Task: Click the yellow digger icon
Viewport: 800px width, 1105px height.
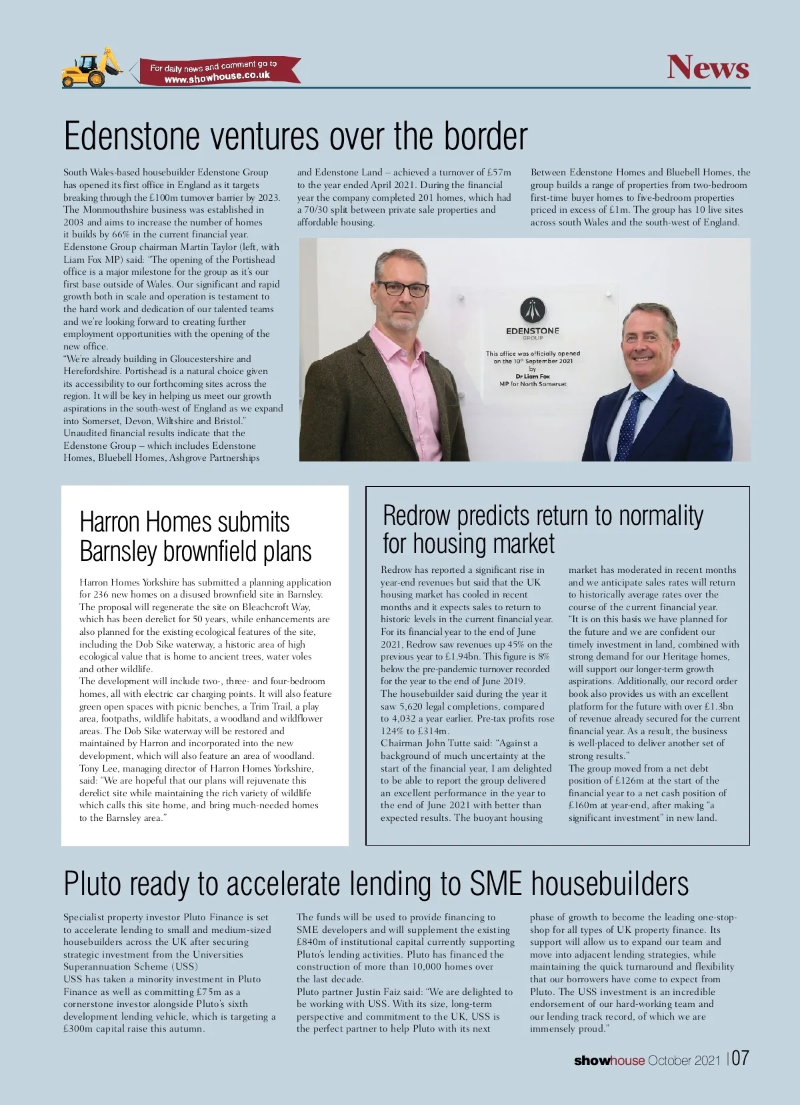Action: pyautogui.click(x=91, y=68)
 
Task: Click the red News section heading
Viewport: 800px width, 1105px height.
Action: pyautogui.click(x=708, y=67)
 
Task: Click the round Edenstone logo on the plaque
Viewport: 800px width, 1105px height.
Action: pyautogui.click(x=533, y=310)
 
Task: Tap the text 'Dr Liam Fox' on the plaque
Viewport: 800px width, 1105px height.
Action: pyautogui.click(x=533, y=376)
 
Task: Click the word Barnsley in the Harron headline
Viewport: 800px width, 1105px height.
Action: pyautogui.click(x=118, y=551)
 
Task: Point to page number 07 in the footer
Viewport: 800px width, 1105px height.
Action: pyautogui.click(x=740, y=1059)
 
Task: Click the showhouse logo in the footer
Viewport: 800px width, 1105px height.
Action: pyautogui.click(x=609, y=1060)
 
